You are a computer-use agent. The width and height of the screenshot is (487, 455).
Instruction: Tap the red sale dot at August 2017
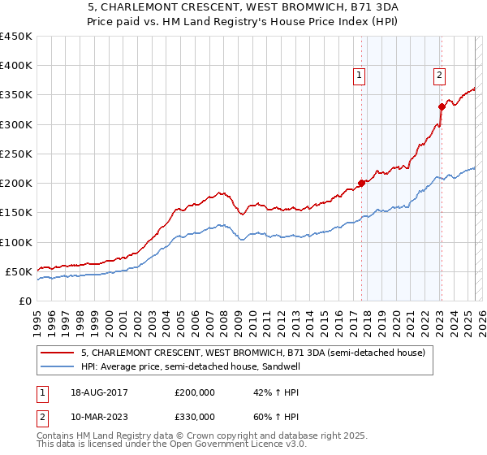point(361,183)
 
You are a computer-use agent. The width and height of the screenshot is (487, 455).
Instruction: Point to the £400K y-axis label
point(15,66)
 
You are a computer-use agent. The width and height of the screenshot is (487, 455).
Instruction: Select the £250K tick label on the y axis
point(15,154)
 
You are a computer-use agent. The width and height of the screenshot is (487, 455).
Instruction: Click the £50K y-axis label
point(19,271)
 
